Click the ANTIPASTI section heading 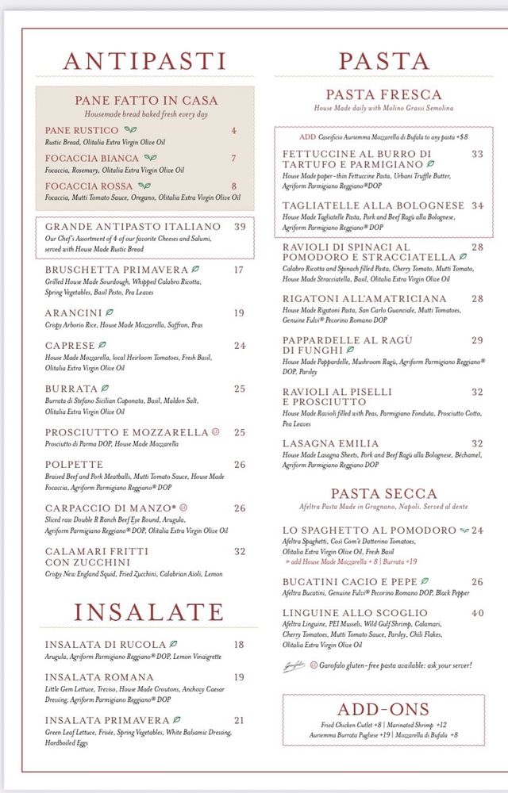tap(144, 61)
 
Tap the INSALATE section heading tap(149, 612)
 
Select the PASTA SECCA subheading tap(384, 493)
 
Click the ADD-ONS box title tap(383, 709)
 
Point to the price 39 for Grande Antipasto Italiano tap(240, 227)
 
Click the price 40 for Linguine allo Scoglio tap(477, 613)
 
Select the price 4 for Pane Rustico tap(234, 130)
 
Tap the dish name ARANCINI tap(73, 313)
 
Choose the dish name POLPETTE tap(74, 465)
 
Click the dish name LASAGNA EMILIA tap(331, 443)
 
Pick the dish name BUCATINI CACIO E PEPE tap(349, 581)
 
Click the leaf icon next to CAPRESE tap(102, 346)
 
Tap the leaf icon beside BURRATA tap(105, 389)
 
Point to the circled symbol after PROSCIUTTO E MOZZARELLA tap(215, 432)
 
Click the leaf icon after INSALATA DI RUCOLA tap(174, 645)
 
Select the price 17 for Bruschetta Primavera tap(239, 270)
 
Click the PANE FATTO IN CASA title tap(146, 101)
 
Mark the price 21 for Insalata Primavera tap(239, 720)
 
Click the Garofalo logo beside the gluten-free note tap(294, 666)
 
